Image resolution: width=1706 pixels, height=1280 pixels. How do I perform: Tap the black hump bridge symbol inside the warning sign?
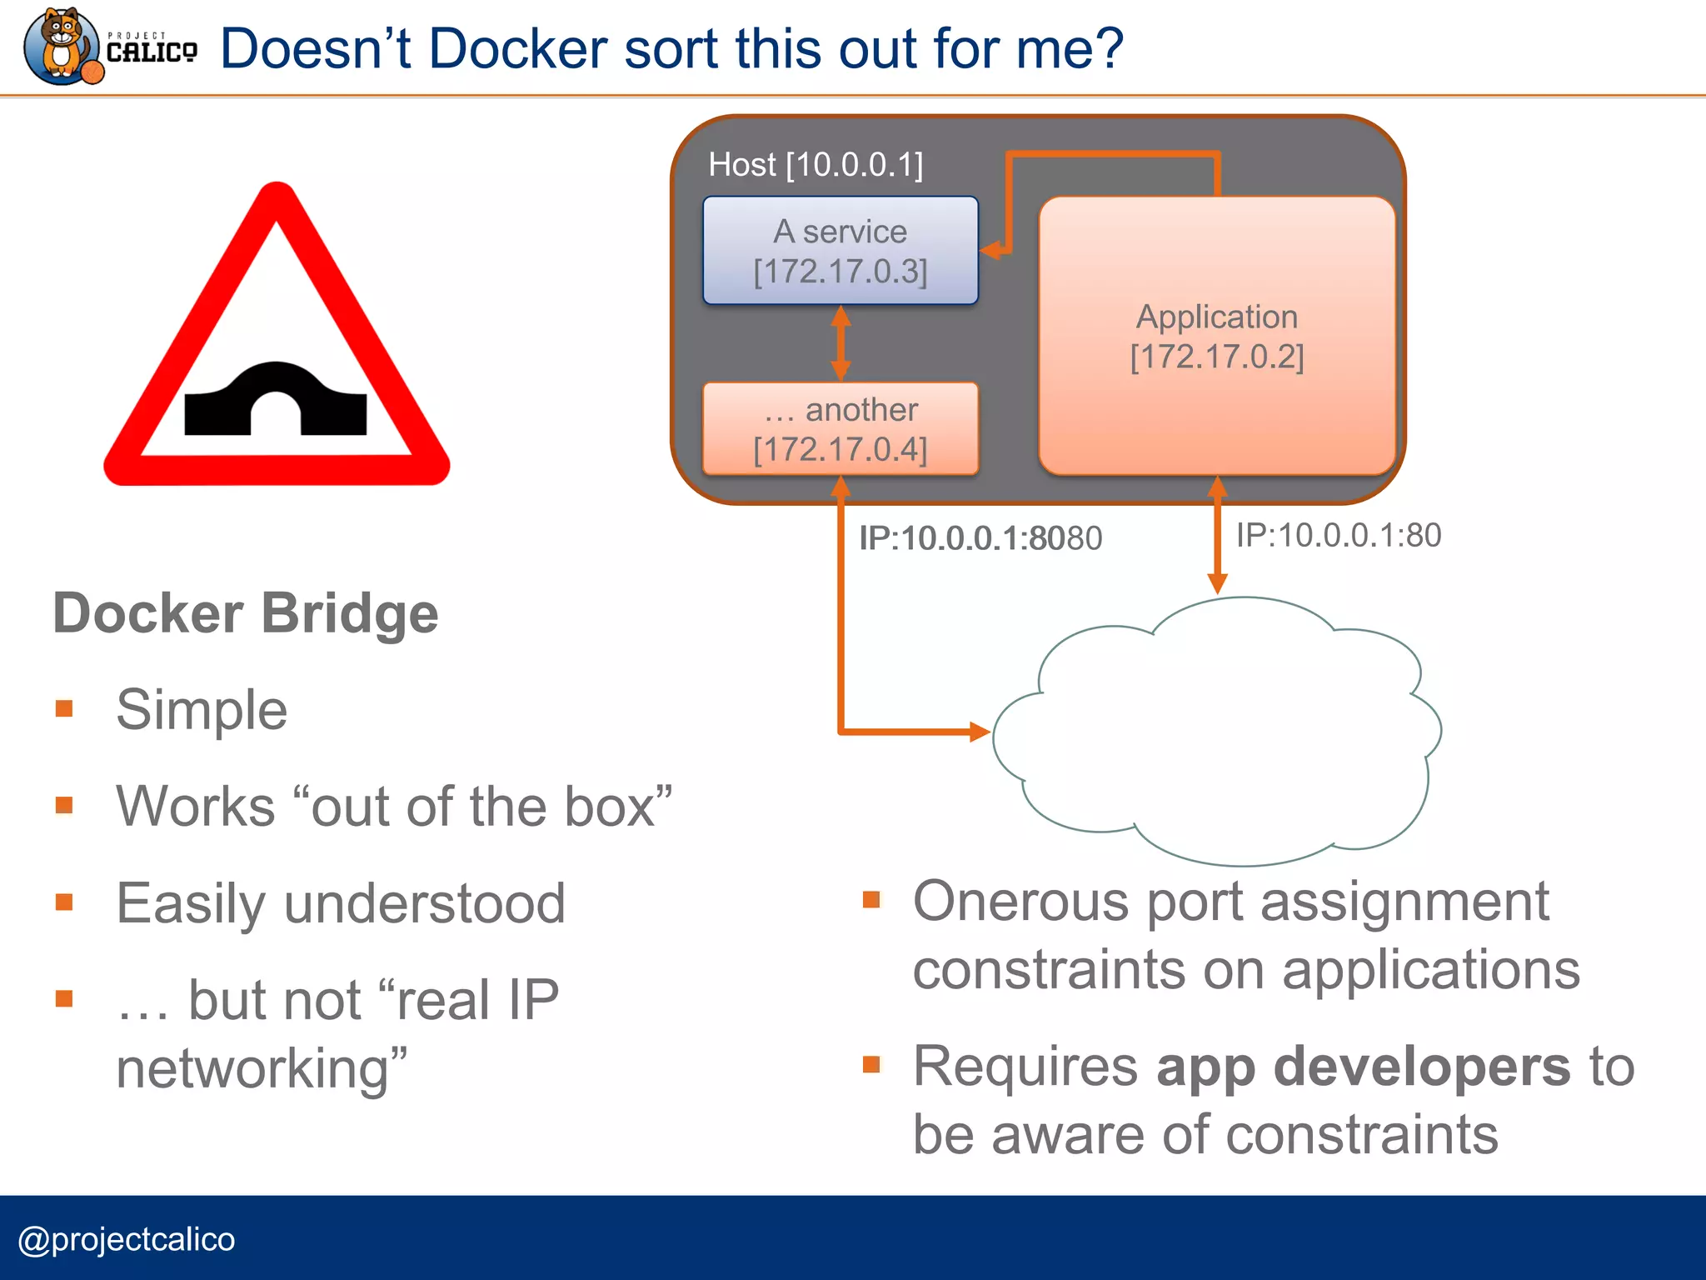pos(276,401)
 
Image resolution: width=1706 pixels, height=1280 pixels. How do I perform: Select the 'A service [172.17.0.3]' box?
pos(840,251)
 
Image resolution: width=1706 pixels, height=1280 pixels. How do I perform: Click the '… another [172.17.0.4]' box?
pos(840,429)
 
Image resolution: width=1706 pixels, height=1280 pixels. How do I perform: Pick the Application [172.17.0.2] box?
pos(1216,337)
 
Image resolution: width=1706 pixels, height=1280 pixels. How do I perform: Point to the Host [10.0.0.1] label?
pos(816,165)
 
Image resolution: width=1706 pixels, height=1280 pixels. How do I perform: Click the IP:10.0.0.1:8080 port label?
pos(980,538)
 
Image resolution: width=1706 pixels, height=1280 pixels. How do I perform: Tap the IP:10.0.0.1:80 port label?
pos(1338,535)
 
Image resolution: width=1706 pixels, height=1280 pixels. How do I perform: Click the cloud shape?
pos(1216,733)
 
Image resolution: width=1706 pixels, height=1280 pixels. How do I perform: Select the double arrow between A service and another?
pos(841,343)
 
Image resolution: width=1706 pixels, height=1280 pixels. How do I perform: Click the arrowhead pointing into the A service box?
pos(990,250)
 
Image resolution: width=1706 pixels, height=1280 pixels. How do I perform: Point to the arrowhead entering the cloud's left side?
pos(979,732)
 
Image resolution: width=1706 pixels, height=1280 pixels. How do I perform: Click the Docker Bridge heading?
pos(246,613)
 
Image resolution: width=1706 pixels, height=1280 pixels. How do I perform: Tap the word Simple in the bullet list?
pos(202,710)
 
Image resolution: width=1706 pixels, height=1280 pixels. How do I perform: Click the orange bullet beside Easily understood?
pos(64,902)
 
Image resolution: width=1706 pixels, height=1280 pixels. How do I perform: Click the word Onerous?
pos(1020,902)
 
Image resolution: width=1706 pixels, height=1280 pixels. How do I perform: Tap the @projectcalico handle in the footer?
pos(127,1239)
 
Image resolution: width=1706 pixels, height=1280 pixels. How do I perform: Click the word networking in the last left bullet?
pos(252,1069)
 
